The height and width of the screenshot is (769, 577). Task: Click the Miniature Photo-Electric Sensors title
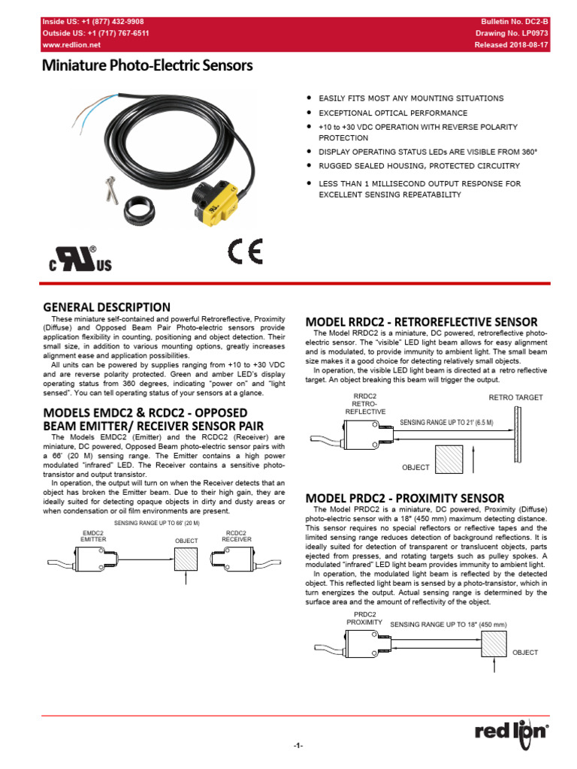147,66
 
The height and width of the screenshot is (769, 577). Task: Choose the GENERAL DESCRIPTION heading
107,306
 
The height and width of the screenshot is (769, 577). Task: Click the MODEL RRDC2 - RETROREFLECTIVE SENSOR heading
421,321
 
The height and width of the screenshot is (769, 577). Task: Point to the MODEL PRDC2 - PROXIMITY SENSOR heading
405,498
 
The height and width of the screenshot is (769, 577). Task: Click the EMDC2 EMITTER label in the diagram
94,536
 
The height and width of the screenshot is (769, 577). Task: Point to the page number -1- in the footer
298,745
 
